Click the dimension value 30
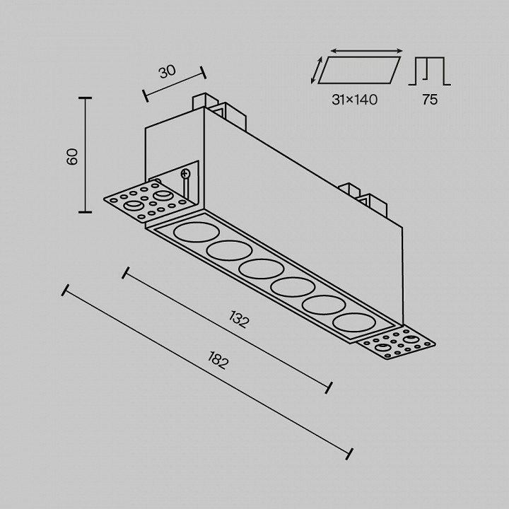pos(168,71)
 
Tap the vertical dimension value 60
pos(72,156)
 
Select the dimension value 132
pos(239,320)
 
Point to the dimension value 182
pos(217,360)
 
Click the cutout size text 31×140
pos(354,100)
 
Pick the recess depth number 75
pos(430,100)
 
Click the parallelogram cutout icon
pos(359,70)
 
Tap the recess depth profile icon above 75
pos(430,71)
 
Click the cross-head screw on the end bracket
pos(185,174)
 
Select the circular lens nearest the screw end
pos(197,232)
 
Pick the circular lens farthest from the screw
pos(354,322)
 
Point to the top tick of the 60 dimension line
pos(85,98)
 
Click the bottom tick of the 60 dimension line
pos(85,212)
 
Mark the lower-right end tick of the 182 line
pos(350,454)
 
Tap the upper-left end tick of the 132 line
pos(126,273)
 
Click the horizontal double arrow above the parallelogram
pos(366,51)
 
